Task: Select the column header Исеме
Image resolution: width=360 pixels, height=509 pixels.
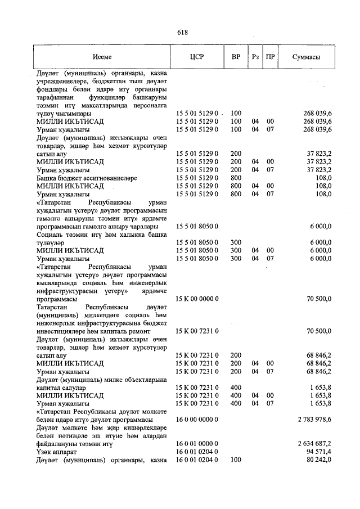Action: coord(102,57)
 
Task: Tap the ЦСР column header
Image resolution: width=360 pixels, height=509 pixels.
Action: coord(197,57)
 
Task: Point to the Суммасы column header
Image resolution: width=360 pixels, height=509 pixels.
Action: coord(307,57)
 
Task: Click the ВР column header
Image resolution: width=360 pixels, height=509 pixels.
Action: coord(236,57)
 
